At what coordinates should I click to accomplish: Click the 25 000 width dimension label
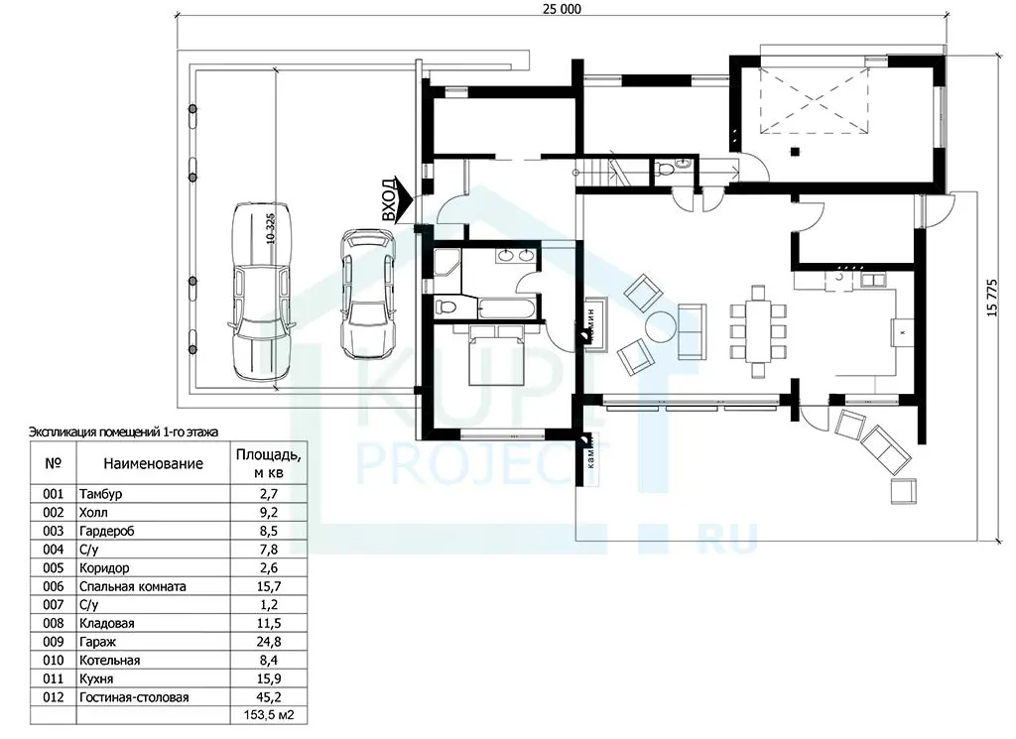[562, 8]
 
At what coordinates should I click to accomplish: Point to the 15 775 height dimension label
[992, 298]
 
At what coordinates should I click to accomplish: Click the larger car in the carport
[262, 292]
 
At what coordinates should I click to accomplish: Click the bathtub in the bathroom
[508, 308]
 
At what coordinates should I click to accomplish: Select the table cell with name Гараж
[154, 642]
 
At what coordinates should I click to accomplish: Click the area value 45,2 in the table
[268, 697]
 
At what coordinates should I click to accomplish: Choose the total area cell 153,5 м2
[268, 715]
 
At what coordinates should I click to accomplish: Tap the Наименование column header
[154, 464]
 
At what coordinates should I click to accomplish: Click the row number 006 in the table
[54, 587]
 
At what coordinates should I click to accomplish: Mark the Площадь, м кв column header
[268, 463]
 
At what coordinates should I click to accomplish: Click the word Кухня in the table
[96, 679]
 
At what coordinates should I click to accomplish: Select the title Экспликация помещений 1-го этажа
[124, 432]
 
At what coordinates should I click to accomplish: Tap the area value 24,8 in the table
[268, 642]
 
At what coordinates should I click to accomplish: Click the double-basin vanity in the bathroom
[516, 255]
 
